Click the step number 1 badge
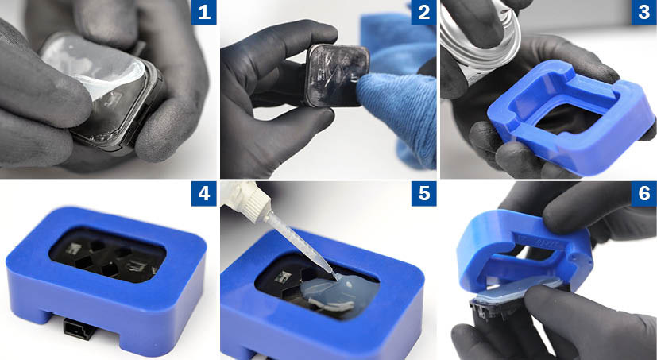coord(204,13)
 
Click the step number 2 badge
coord(423,13)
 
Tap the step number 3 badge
coord(644,13)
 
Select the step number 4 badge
coord(204,194)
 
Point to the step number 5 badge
coord(423,194)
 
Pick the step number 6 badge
coord(644,194)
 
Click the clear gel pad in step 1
coord(96,67)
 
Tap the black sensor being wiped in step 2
coord(335,75)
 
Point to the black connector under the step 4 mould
coord(79,329)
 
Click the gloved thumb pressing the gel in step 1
coord(46,92)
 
